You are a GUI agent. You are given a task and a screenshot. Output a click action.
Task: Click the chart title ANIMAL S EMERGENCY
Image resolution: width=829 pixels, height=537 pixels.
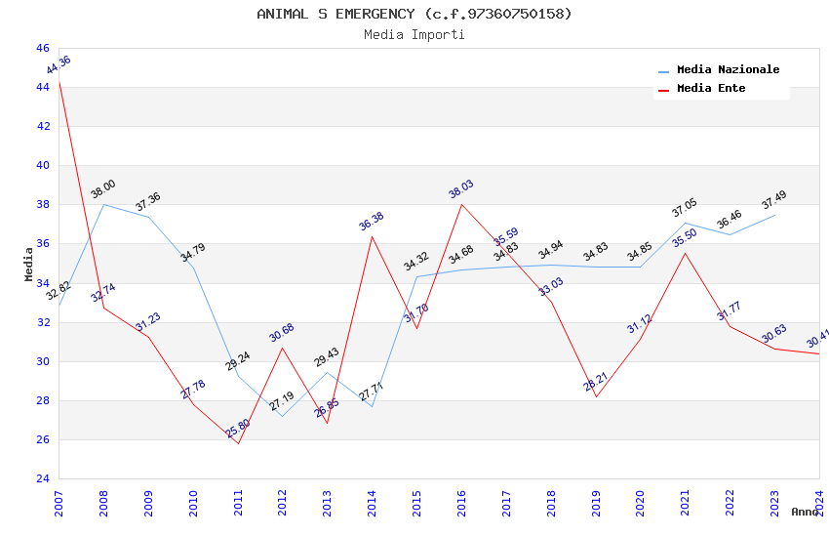(x=414, y=14)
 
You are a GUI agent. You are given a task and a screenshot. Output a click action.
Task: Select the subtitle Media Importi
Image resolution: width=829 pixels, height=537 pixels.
(x=414, y=35)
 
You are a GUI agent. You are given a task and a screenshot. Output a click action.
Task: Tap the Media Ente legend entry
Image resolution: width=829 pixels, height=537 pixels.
(x=711, y=89)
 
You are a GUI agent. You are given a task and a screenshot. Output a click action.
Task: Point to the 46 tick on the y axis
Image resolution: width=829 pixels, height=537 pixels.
(x=42, y=48)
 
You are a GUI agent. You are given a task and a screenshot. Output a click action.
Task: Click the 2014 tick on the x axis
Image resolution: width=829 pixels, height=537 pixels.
(x=372, y=499)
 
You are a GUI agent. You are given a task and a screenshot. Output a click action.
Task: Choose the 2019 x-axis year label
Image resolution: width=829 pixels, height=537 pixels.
(x=595, y=499)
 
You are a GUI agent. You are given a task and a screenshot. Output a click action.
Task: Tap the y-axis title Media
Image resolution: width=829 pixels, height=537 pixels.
(x=29, y=264)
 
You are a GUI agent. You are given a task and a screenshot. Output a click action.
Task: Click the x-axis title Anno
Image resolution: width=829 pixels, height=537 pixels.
(x=805, y=512)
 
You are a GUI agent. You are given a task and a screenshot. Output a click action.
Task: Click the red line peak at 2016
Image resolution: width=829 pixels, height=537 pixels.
(x=461, y=204)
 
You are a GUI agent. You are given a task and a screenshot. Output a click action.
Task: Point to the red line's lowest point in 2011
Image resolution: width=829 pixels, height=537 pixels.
(x=238, y=443)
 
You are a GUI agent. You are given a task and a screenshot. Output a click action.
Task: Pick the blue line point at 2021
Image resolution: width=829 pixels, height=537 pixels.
(x=685, y=223)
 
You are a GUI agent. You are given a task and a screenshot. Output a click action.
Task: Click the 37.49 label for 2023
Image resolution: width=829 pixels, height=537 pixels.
(x=774, y=199)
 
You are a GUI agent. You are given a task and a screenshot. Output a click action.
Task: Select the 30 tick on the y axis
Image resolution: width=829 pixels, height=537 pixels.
(x=42, y=361)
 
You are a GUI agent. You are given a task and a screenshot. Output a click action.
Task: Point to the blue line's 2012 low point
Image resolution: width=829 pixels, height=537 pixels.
(x=282, y=416)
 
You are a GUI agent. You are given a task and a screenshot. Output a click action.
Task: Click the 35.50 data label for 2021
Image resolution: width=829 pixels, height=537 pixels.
(x=685, y=238)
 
